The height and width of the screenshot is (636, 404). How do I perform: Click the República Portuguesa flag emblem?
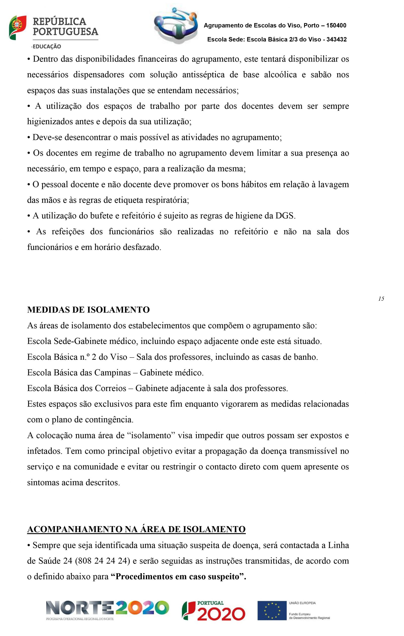[17, 28]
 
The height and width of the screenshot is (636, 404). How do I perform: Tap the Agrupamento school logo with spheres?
[176, 26]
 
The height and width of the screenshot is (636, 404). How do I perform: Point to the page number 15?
[381, 299]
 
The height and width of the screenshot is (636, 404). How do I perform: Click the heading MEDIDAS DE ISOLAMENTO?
[88, 310]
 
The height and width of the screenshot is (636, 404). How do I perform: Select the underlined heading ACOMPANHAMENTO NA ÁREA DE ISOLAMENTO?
[136, 529]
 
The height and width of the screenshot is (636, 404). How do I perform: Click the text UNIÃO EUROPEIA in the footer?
[302, 603]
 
